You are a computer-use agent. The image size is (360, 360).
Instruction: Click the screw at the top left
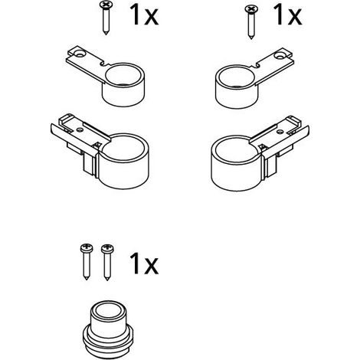(105, 18)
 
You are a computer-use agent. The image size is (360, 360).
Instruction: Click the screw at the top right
(250, 22)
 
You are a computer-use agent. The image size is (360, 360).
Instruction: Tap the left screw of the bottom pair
(87, 262)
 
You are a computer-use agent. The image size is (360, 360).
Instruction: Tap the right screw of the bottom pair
(107, 263)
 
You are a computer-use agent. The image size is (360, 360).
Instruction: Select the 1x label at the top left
(144, 15)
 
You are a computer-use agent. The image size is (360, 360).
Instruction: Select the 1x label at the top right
(287, 15)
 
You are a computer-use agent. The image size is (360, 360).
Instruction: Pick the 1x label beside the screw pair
(144, 263)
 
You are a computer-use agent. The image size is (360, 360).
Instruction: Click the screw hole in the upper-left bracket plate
(81, 54)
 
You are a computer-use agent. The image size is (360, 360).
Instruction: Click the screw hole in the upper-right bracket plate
(278, 55)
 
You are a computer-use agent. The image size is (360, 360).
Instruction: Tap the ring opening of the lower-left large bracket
(123, 146)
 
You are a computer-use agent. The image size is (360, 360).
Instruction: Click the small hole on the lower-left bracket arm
(80, 130)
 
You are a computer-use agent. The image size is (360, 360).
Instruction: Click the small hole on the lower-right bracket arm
(280, 132)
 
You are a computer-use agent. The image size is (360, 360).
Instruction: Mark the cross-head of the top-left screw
(105, 5)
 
